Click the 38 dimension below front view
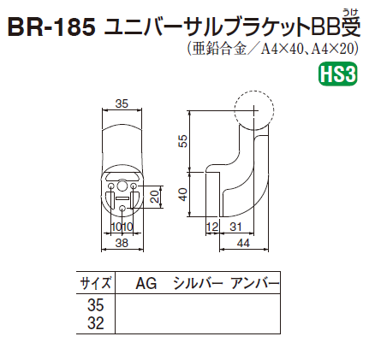coord(122,243)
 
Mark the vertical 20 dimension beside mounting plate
coord(154,197)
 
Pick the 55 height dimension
coord(182,140)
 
